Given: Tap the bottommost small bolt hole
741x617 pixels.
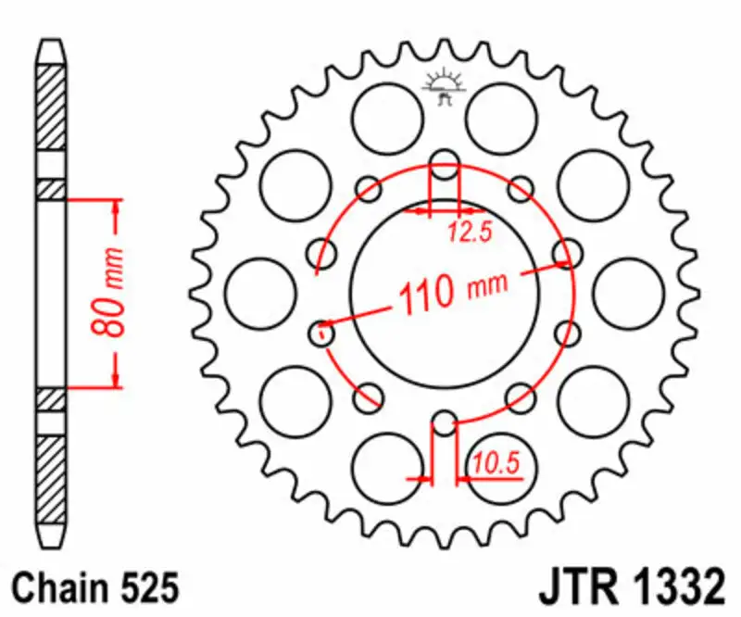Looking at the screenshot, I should pos(445,424).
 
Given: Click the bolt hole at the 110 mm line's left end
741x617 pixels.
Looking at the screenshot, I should pos(322,330).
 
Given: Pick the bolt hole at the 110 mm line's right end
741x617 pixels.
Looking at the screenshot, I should pos(567,252).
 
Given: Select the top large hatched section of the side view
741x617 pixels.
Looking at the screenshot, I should pos(52,107).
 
